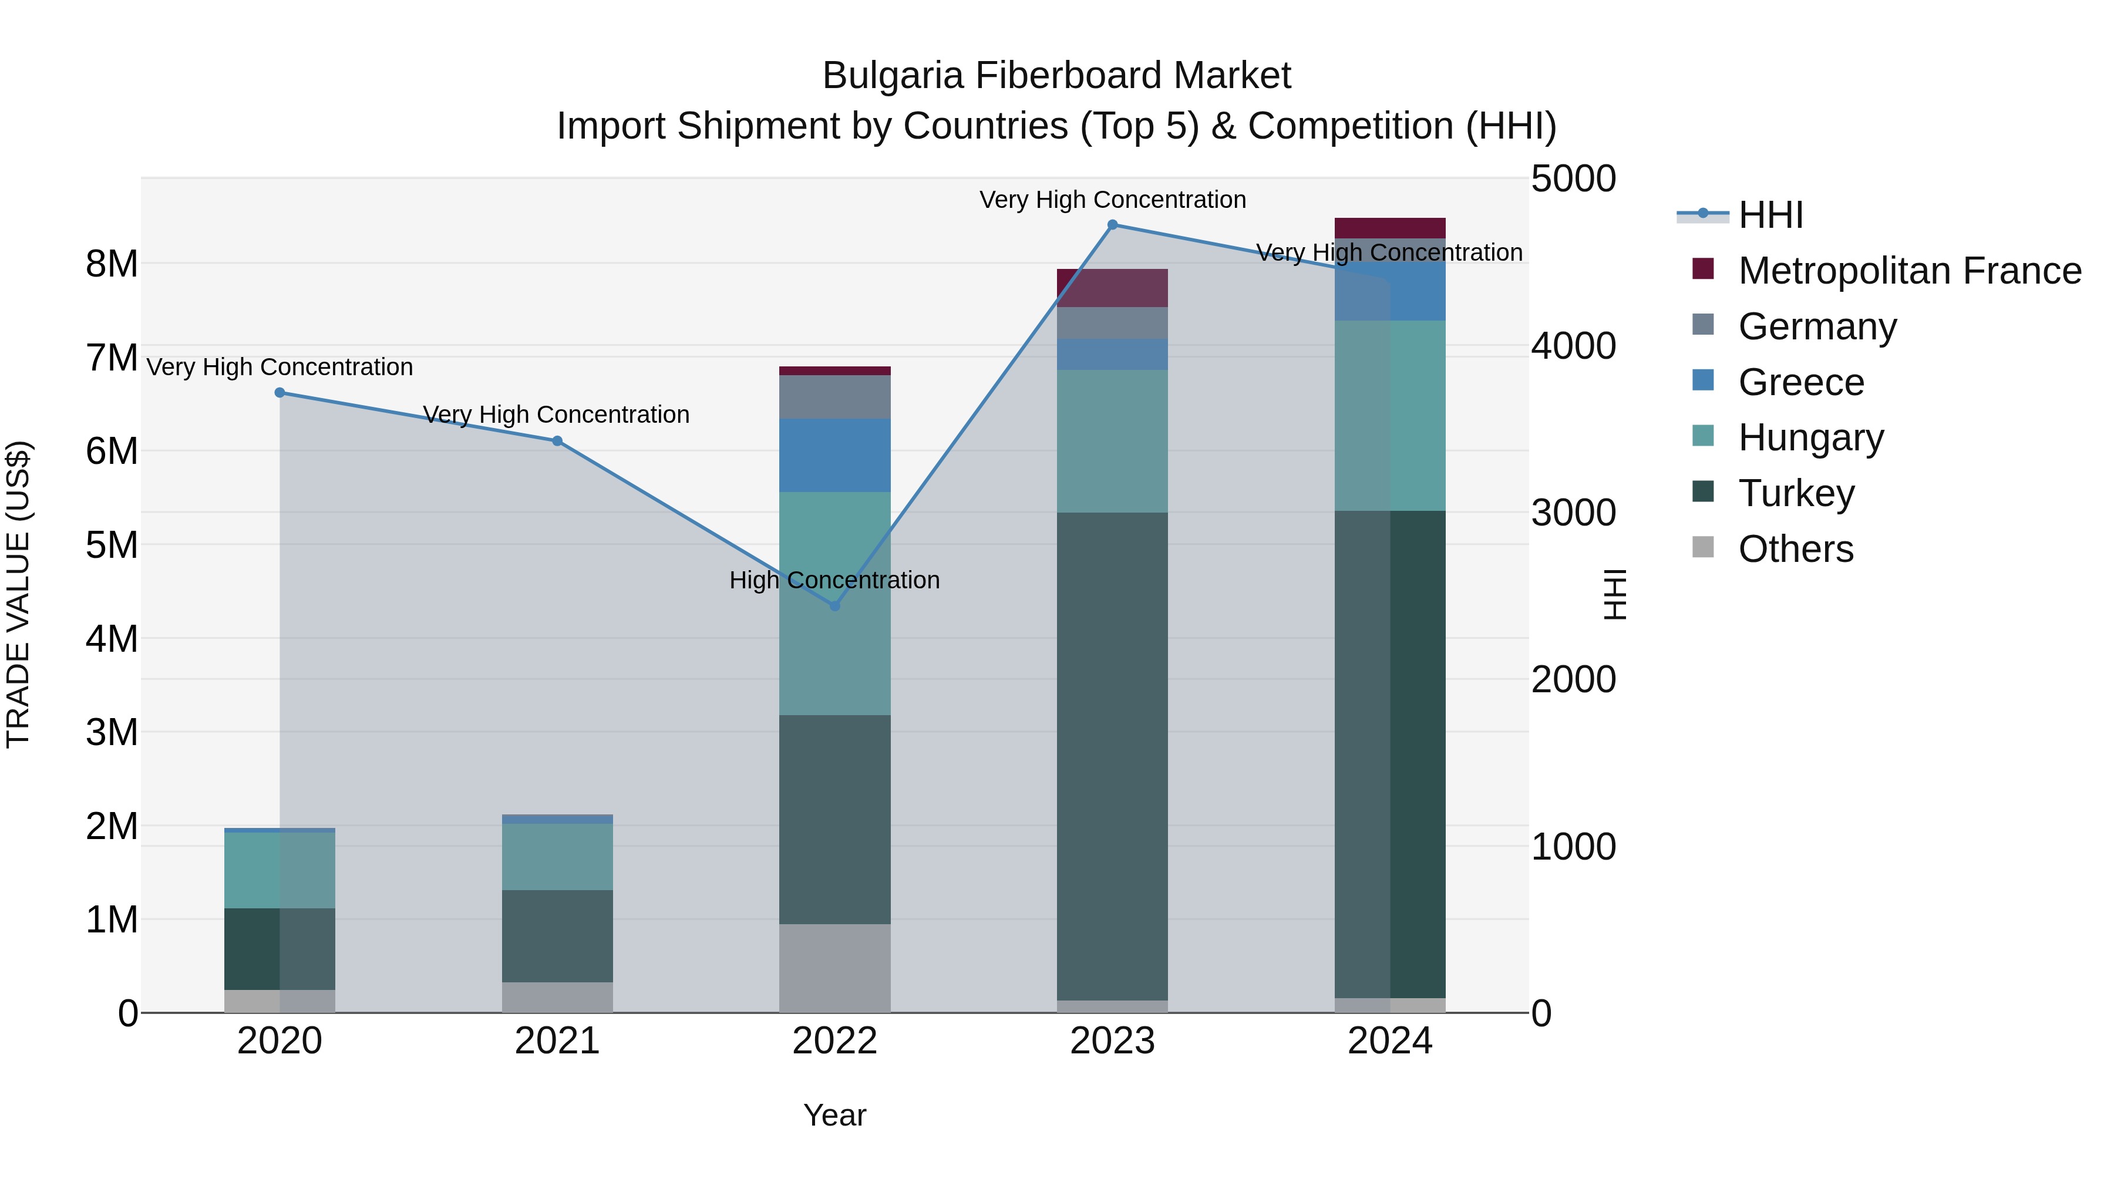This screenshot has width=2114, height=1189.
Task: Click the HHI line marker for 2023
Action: click(1112, 225)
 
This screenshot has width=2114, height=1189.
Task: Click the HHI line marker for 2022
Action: click(834, 605)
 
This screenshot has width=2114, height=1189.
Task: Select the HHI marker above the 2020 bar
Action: click(280, 393)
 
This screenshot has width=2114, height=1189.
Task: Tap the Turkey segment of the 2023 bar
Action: click(1112, 755)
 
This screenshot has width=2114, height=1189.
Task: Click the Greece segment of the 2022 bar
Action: click(834, 456)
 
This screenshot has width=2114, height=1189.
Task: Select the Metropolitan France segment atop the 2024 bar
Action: click(1389, 227)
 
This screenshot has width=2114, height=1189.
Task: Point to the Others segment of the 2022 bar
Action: click(834, 968)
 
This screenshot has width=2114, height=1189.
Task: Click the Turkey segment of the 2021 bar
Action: click(557, 935)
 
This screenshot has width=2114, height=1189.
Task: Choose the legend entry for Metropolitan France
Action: click(1909, 271)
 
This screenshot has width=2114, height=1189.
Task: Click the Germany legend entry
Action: click(1817, 326)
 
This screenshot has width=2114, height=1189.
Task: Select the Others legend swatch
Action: click(1703, 547)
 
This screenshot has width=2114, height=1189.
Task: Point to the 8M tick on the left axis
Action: click(112, 264)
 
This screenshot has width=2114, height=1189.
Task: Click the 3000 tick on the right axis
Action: click(1573, 513)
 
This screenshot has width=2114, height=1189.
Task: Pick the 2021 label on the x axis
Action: click(557, 1041)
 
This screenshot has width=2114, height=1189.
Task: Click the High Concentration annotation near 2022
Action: click(834, 580)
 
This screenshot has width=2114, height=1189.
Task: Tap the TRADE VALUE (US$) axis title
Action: click(18, 595)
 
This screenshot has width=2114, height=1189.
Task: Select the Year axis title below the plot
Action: click(834, 1115)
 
